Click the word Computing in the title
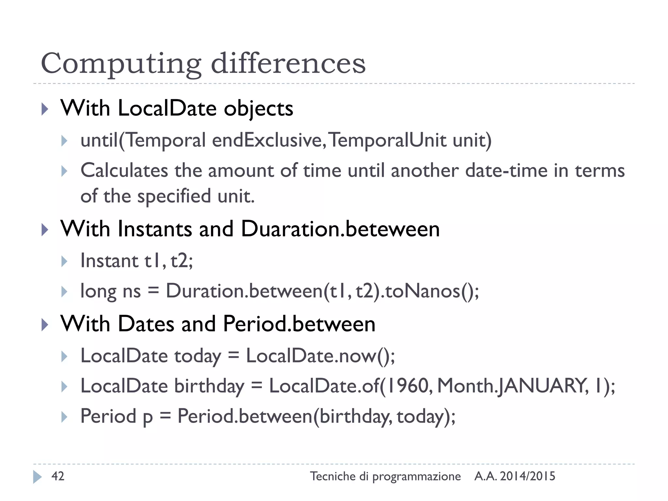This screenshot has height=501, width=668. click(x=121, y=64)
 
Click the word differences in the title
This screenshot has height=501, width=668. click(x=288, y=63)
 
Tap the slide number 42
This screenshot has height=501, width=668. click(x=58, y=476)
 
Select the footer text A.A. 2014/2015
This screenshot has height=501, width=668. click(x=515, y=476)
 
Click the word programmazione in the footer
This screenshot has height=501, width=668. click(x=417, y=477)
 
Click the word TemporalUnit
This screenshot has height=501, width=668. click(x=388, y=140)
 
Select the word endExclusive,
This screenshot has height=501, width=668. click(x=269, y=140)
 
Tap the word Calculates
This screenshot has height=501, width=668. click(x=124, y=171)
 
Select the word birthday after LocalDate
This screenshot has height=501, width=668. click(x=209, y=386)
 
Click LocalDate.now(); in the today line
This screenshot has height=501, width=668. click(x=320, y=356)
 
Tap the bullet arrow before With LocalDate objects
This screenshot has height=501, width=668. click(x=45, y=109)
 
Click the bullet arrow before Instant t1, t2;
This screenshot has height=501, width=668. click(x=64, y=261)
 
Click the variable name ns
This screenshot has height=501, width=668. click(x=132, y=291)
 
